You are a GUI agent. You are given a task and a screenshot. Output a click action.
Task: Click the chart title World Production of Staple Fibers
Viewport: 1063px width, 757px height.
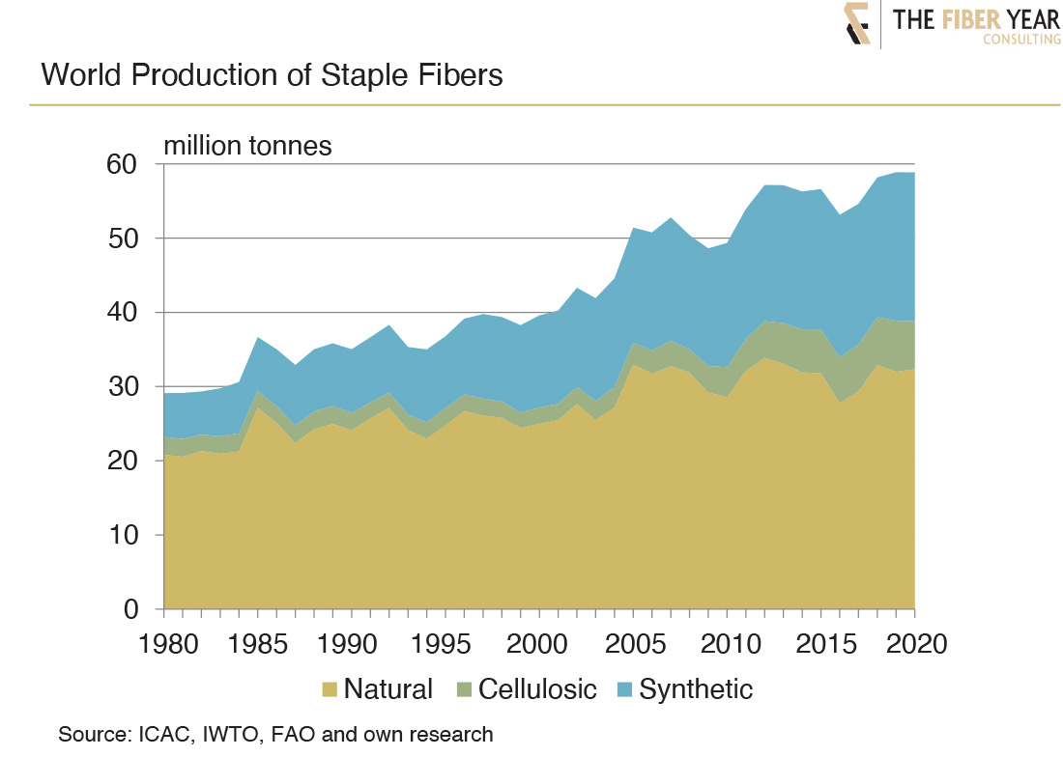tap(272, 75)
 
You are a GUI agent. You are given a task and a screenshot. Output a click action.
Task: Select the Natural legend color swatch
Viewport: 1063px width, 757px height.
tap(330, 689)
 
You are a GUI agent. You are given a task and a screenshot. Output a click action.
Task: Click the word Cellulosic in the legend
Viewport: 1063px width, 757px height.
tap(537, 689)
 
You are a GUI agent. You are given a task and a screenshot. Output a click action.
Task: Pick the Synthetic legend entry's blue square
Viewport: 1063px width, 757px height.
tap(625, 689)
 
